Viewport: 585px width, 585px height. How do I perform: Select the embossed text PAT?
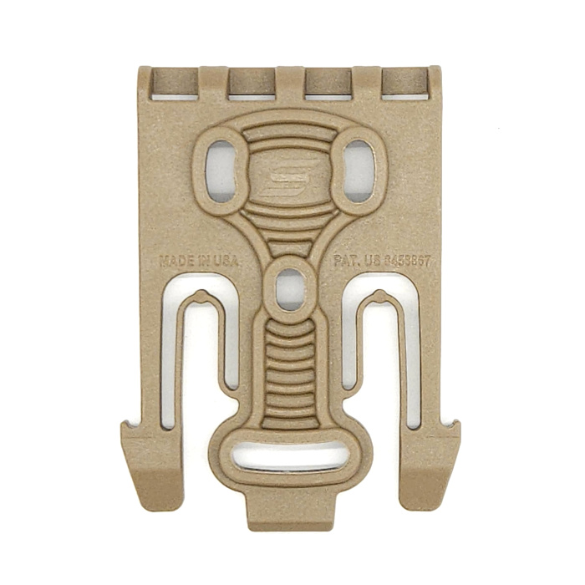tap(346, 261)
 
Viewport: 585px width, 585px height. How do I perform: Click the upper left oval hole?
tap(221, 170)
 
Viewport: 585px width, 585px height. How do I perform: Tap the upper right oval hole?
tap(359, 170)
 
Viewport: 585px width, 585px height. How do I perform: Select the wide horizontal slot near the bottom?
tap(290, 458)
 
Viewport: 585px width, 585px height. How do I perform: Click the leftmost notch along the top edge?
tap(175, 84)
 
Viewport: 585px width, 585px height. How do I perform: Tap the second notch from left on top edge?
tap(252, 84)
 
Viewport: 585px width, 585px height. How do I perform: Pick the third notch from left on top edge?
tap(328, 84)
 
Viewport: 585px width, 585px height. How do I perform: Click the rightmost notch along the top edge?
tap(404, 84)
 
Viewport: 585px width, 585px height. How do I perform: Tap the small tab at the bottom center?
tap(290, 511)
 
